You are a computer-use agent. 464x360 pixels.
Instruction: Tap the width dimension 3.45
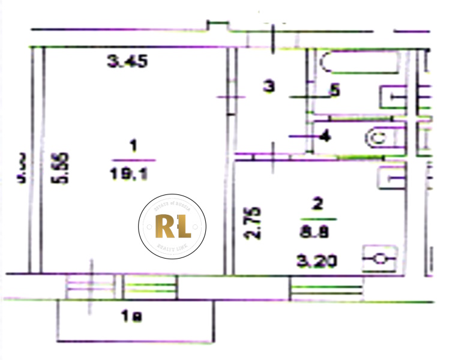click(x=127, y=61)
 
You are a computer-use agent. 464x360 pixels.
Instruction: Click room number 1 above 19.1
click(x=133, y=146)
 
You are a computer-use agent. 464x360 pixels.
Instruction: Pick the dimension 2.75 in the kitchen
click(x=255, y=224)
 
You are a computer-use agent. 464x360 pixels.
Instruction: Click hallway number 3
click(x=270, y=87)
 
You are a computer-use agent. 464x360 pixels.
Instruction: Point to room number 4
click(x=325, y=137)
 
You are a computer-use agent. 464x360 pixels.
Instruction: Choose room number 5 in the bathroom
click(x=334, y=91)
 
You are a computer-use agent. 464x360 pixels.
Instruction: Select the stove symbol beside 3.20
click(x=379, y=259)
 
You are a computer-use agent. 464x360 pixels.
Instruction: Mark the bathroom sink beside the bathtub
click(x=394, y=97)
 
